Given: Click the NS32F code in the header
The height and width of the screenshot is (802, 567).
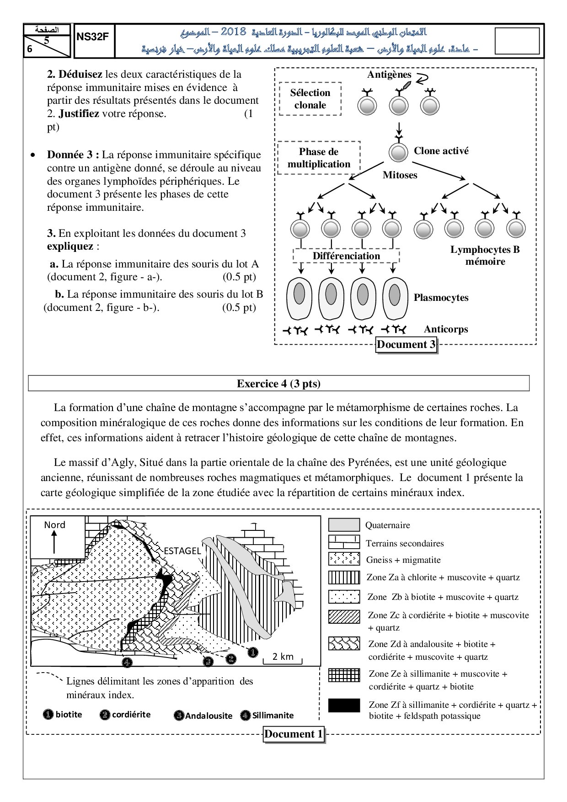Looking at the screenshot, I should coord(92,37).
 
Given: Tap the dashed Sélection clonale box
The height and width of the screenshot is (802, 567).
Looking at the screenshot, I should coord(310,99).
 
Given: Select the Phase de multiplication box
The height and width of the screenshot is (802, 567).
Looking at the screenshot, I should coord(319,158).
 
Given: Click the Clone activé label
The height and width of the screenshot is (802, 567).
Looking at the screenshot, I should coord(441,151).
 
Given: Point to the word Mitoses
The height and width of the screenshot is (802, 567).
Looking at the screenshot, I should coord(400,175).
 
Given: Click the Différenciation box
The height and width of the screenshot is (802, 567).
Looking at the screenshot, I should coord(346,256).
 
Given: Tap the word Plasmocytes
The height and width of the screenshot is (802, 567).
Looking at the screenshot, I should coord(441,298).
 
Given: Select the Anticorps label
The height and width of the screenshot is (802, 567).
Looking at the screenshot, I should coord(446,329).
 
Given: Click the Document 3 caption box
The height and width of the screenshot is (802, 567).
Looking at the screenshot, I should coord(406,345).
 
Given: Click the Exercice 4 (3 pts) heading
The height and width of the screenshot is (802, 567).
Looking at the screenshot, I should coord(278,384).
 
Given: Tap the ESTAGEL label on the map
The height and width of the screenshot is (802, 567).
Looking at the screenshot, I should coord(182,551).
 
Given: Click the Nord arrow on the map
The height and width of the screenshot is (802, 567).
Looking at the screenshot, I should coord(54,542).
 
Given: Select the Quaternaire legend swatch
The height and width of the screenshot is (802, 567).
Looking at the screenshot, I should coord(344,525).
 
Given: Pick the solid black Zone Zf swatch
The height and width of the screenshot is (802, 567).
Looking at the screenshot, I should coord(344,706).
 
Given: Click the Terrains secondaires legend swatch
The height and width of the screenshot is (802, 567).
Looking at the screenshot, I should coord(344,542).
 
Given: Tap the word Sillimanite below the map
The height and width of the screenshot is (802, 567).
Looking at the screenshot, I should coord(273,716).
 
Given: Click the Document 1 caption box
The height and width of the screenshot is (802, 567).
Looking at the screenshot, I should coord(294,734).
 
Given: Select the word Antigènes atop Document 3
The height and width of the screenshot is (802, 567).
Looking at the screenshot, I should coord(389,75).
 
